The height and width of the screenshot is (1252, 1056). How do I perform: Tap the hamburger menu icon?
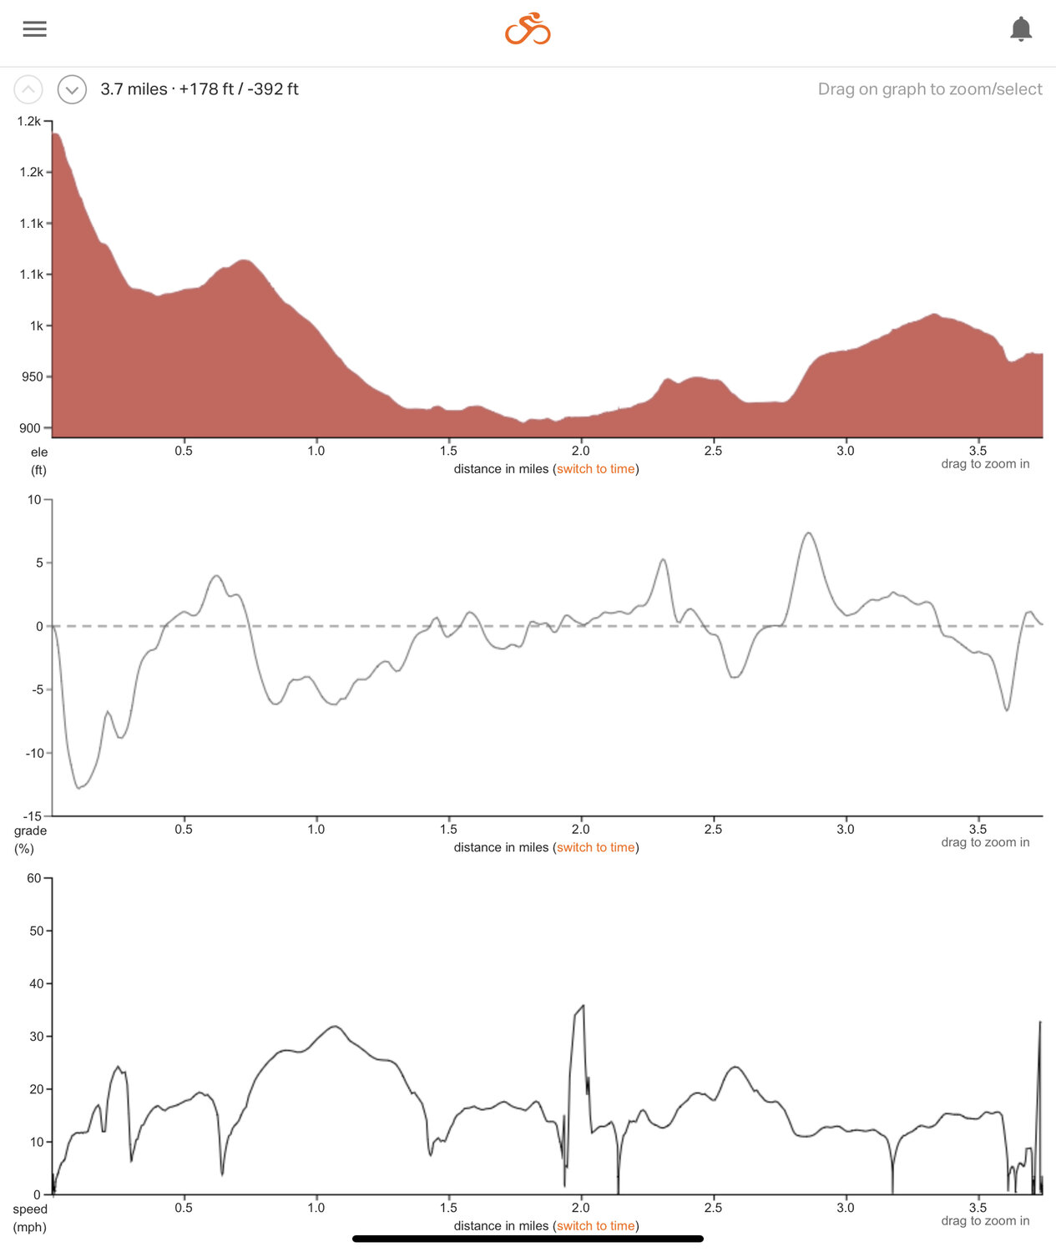pyautogui.click(x=34, y=29)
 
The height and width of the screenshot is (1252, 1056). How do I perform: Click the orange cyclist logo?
pyautogui.click(x=528, y=29)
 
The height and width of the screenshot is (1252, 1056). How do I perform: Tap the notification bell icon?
pyautogui.click(x=1020, y=29)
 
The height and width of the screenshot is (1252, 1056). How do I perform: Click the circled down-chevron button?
pyautogui.click(x=72, y=89)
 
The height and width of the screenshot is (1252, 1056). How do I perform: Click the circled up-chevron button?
pyautogui.click(x=28, y=89)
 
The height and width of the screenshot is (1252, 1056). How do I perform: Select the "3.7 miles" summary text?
pyautogui.click(x=134, y=89)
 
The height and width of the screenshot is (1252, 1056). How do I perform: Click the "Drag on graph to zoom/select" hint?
pyautogui.click(x=929, y=89)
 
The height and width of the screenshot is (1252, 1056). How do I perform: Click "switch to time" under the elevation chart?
pyautogui.click(x=595, y=469)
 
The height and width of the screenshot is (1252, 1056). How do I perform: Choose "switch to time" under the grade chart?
pyautogui.click(x=595, y=847)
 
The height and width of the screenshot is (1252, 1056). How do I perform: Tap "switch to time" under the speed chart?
pyautogui.click(x=595, y=1226)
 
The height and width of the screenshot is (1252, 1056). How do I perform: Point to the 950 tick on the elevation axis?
pyautogui.click(x=32, y=377)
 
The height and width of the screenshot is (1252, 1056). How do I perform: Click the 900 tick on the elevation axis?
pyautogui.click(x=30, y=428)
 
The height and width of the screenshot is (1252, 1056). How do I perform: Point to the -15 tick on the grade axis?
pyautogui.click(x=33, y=815)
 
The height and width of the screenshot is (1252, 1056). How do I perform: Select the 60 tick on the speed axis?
pyautogui.click(x=34, y=878)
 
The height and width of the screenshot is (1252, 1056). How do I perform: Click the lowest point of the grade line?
pyautogui.click(x=79, y=788)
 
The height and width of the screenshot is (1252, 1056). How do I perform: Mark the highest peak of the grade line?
pyautogui.click(x=808, y=533)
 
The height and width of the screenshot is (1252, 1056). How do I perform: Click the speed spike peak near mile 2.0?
pyautogui.click(x=583, y=1006)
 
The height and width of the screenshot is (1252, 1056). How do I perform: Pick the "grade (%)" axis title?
pyautogui.click(x=29, y=840)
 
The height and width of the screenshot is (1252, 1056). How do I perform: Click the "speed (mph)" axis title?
pyautogui.click(x=29, y=1218)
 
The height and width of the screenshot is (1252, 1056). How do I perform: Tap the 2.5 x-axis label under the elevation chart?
pyautogui.click(x=713, y=451)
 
